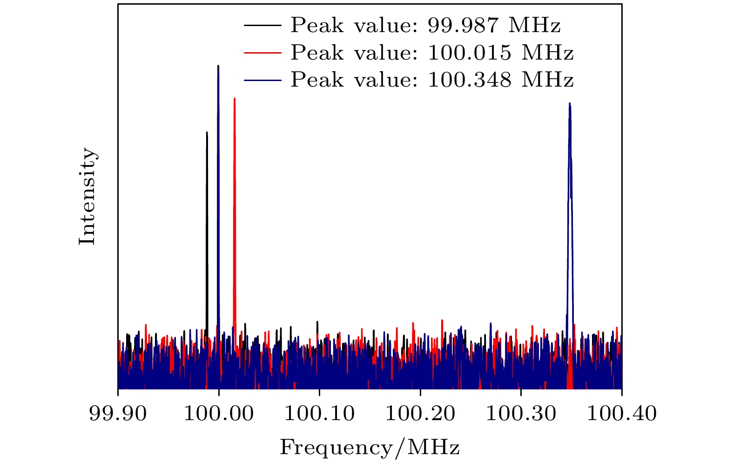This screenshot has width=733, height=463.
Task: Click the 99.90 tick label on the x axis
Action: point(118,413)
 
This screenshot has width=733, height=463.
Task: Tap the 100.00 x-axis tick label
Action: point(218,413)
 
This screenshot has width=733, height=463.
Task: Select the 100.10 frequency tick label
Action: point(319,413)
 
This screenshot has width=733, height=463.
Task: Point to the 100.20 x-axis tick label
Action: point(420,413)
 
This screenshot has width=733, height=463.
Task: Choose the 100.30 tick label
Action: point(521,413)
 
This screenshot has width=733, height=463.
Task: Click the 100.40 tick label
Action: point(621,413)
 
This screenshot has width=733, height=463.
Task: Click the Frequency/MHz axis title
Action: point(370,448)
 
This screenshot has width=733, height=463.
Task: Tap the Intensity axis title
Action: point(87,196)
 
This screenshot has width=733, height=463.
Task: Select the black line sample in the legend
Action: point(262,25)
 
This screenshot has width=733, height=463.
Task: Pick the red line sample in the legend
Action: point(262,53)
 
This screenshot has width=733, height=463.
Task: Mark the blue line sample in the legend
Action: point(262,80)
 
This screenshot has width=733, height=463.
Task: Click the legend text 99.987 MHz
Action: point(494,25)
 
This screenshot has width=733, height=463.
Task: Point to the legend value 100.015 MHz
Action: point(500,53)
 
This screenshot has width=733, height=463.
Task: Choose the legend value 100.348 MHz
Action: point(500,80)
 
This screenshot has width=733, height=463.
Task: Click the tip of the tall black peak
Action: point(207,132)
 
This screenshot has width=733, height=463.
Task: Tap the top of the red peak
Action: point(235,99)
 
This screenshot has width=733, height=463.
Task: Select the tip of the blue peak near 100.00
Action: point(218,66)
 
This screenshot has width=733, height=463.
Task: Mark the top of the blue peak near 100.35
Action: point(570,104)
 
